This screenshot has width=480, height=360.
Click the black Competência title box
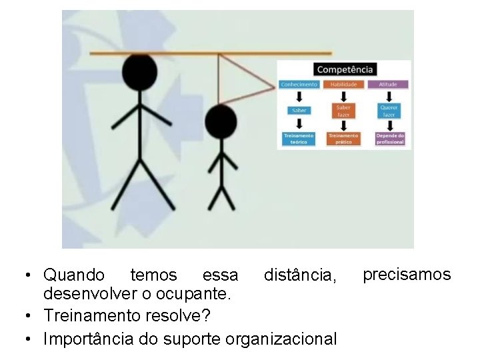[x=345, y=69]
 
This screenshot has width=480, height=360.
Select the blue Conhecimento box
[x=299, y=85]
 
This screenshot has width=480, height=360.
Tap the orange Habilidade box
[x=344, y=85]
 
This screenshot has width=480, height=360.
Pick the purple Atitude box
[x=389, y=85]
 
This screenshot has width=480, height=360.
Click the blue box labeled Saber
[x=299, y=110]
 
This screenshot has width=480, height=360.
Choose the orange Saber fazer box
[x=344, y=111]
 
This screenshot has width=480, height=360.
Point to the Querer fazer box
[x=389, y=111]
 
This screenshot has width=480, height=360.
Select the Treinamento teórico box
[x=299, y=139]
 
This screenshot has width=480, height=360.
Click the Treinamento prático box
[x=344, y=139]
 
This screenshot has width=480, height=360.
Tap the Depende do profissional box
[x=389, y=139]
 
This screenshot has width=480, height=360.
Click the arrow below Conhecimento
[x=299, y=97]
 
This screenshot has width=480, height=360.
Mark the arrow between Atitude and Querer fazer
[x=389, y=97]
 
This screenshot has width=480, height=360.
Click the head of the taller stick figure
[x=139, y=71]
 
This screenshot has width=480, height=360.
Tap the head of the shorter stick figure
[x=221, y=121]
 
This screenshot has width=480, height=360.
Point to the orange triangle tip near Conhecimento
[x=275, y=85]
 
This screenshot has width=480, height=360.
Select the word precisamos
[x=407, y=274]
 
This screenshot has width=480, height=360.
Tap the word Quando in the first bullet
[x=73, y=275]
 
